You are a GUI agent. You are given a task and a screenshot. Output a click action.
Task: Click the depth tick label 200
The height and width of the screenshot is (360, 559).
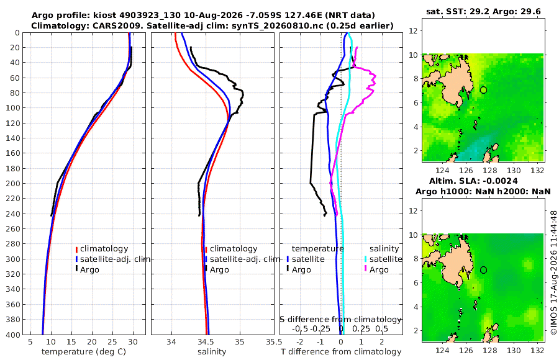tap(13, 183)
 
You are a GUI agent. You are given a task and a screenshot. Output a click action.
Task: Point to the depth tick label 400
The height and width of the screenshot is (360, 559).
tap(13, 335)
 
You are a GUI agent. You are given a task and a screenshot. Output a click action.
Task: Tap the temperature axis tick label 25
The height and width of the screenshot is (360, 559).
tap(112, 342)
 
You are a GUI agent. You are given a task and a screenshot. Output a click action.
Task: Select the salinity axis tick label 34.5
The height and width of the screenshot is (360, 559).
tap(206, 342)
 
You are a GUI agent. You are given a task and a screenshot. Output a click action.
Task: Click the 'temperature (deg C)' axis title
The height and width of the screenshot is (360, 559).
tap(84, 352)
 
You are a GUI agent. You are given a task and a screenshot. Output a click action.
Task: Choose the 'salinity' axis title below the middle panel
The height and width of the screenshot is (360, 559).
tap(212, 352)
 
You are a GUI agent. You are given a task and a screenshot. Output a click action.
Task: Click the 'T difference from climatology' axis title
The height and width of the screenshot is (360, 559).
tap(341, 352)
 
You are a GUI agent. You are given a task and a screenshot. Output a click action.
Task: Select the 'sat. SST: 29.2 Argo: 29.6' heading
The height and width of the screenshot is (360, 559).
tap(483, 11)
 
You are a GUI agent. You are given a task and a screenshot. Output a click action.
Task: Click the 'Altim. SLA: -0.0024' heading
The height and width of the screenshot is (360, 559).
tap(473, 181)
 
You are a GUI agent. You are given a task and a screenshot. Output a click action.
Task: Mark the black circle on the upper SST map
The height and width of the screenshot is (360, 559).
tap(483, 90)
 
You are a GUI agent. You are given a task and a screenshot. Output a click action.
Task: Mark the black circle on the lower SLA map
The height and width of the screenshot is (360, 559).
tap(483, 270)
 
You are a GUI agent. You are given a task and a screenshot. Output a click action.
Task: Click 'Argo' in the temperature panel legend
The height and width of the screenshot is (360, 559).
tap(89, 270)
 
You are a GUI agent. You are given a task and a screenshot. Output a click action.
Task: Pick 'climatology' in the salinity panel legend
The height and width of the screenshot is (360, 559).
tap(234, 249)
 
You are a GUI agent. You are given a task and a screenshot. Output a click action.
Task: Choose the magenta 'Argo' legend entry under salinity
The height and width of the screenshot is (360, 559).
tap(379, 270)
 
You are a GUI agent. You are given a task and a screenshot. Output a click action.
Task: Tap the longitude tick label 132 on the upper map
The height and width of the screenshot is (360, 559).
tap(538, 171)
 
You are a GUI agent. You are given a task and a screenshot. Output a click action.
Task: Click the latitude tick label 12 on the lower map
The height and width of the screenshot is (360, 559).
tap(413, 210)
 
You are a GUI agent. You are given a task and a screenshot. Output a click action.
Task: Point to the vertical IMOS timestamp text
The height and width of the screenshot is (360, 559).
tap(553, 272)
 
